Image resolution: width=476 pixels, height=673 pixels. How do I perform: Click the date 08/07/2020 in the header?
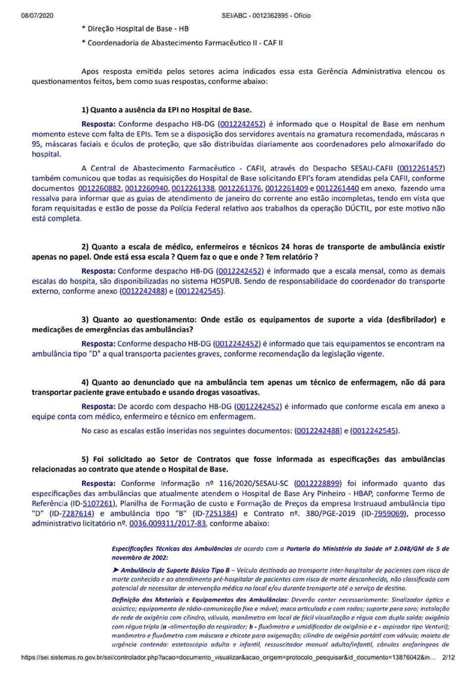[x=37, y=16]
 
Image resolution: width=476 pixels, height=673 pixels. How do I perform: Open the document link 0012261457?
[x=421, y=168]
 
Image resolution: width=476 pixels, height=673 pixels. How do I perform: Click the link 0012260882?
[x=99, y=188]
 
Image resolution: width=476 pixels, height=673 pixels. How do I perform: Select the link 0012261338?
[x=193, y=188]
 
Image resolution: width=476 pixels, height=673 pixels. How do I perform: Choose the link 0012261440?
[x=337, y=188]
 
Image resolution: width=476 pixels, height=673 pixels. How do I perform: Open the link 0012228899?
[x=318, y=484]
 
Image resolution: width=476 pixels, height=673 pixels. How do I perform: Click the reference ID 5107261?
[x=99, y=504]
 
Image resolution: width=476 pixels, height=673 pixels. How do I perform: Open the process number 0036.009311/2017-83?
[x=168, y=523]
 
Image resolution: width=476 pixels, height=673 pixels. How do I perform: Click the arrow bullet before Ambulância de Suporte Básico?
[x=116, y=570]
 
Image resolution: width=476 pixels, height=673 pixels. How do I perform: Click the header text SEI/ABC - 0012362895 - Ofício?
[x=266, y=16]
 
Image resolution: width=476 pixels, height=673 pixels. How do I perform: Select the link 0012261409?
[x=287, y=188]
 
